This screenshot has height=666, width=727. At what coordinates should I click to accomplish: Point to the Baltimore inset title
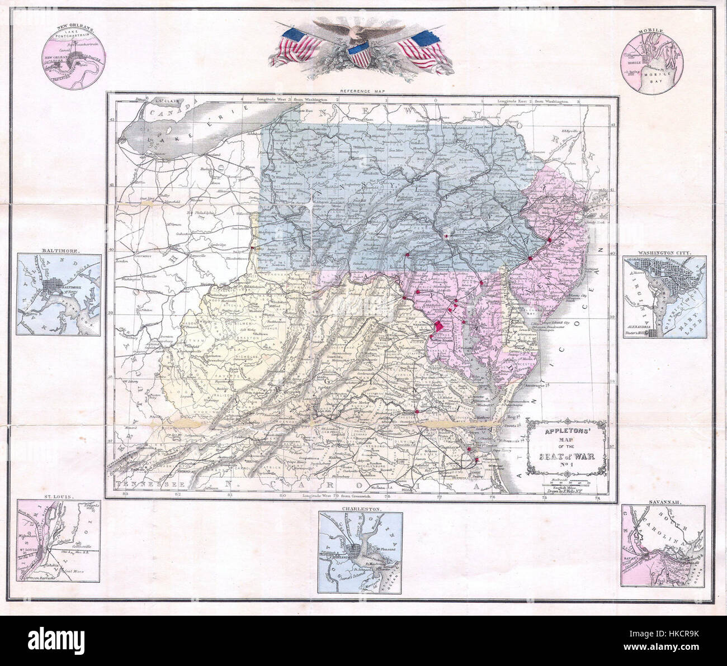(x=58, y=251)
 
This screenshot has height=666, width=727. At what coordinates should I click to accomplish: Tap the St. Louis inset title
(x=58, y=497)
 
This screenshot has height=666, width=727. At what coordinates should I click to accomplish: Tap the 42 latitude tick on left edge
(x=111, y=119)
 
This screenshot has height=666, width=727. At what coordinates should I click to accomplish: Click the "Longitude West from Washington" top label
(x=292, y=99)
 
